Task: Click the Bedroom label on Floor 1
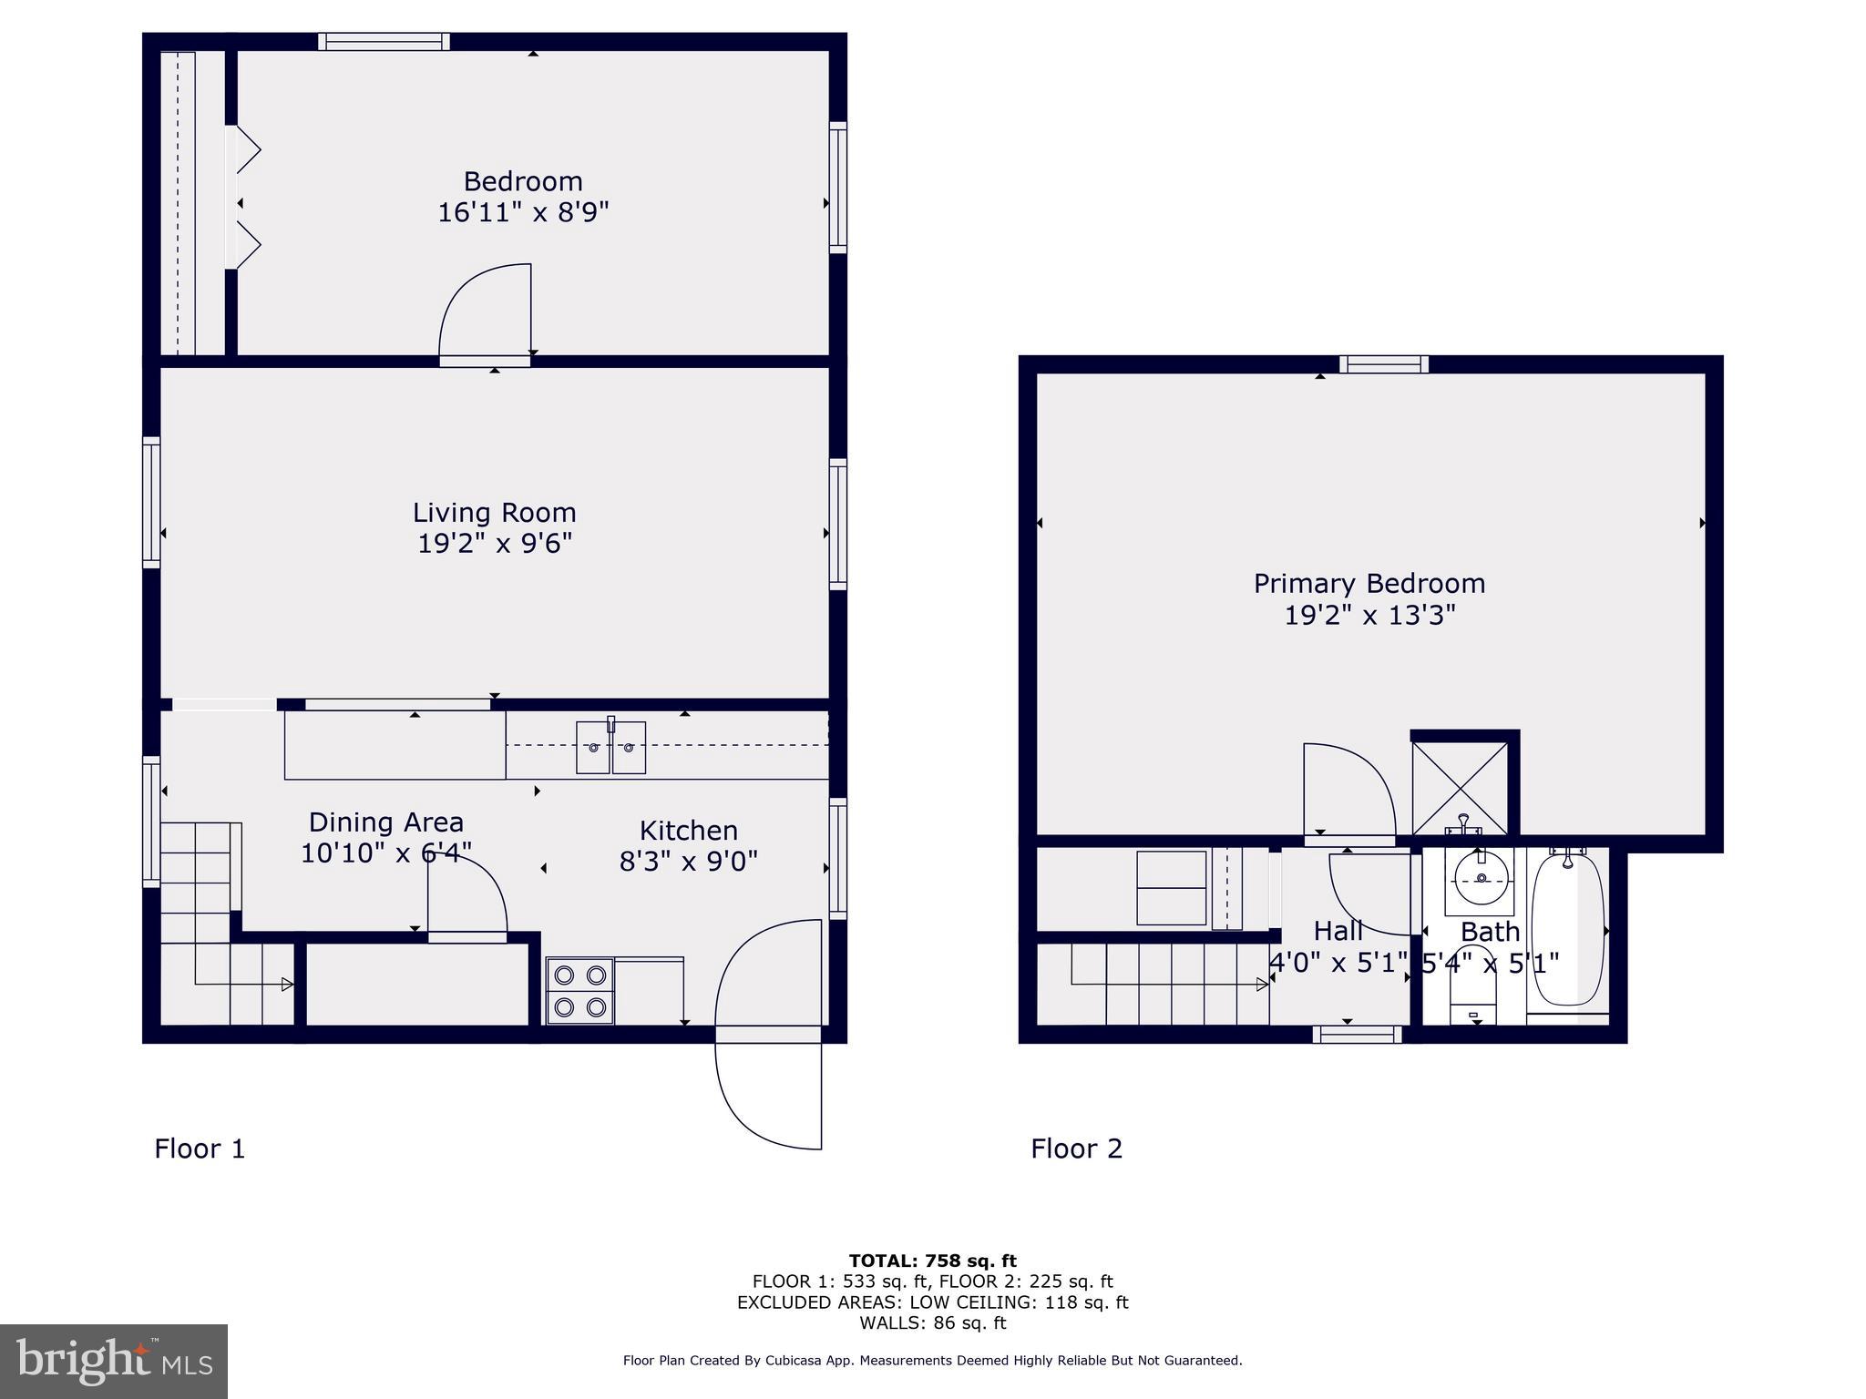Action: click(x=523, y=181)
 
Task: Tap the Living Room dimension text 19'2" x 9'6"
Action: click(x=495, y=544)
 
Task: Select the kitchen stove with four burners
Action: click(x=579, y=991)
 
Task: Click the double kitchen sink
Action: click(x=610, y=747)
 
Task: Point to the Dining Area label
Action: click(x=386, y=822)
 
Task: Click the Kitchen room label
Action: click(x=688, y=831)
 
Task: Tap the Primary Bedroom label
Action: click(x=1369, y=584)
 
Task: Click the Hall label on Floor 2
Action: click(x=1338, y=931)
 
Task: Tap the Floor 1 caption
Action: click(x=200, y=1149)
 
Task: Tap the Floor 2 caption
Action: click(x=1076, y=1149)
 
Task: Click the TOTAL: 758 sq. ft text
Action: click(x=932, y=1261)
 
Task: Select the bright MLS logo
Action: click(x=113, y=1361)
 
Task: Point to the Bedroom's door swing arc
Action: click(x=474, y=301)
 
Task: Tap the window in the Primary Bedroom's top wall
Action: click(x=1383, y=364)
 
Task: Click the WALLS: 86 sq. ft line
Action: click(x=932, y=1322)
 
